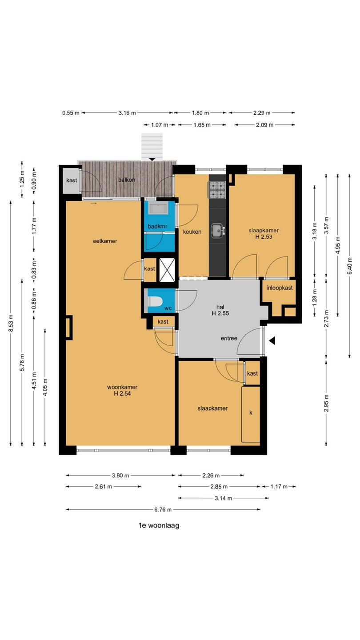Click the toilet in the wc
click(155, 301)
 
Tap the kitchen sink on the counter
click(218, 231)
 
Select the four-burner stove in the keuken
click(217, 190)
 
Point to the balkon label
click(127, 180)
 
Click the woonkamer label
click(122, 387)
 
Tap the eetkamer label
click(105, 241)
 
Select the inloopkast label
click(280, 288)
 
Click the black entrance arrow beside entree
click(272, 340)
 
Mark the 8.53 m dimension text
click(11, 323)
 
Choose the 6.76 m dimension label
click(163, 509)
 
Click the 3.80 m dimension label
click(120, 476)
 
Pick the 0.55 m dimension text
click(71, 113)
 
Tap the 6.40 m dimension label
click(350, 265)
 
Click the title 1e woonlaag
click(159, 525)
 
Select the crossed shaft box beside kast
click(167, 270)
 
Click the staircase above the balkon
click(152, 146)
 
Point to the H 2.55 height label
click(220, 313)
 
